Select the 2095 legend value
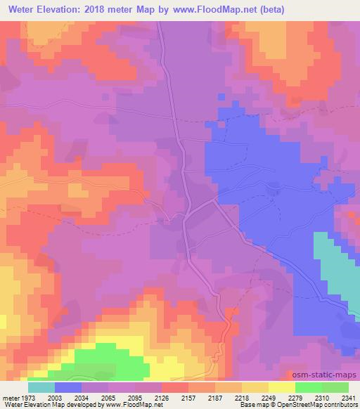click(x=135, y=397)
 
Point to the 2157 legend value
click(x=188, y=397)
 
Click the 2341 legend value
click(x=348, y=397)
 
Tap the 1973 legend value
click(x=27, y=397)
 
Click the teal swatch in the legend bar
click(x=41, y=387)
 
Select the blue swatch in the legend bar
click(x=67, y=387)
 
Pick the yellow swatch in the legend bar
click(x=281, y=387)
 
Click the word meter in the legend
click(x=10, y=397)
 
